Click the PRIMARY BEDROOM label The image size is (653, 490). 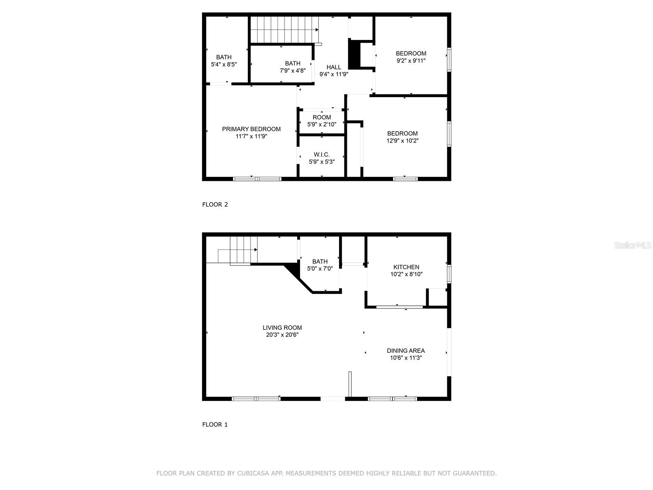coord(251,129)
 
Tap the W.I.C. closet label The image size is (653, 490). coord(322,154)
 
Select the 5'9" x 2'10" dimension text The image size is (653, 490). coord(322,125)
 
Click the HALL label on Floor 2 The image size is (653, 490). coord(333,67)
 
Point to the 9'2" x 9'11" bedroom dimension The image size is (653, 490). coord(411,61)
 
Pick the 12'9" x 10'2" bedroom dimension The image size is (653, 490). coord(402,141)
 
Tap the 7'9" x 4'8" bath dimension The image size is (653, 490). coord(292,71)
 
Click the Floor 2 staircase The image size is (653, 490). coord(284,29)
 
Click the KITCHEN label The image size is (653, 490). coord(406,267)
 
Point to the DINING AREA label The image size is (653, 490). coord(406,350)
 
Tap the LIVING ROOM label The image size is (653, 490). coord(282,327)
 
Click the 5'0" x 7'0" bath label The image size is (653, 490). coord(320,265)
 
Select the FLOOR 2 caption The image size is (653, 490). coord(215,205)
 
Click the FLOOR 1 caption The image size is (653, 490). coord(215,425)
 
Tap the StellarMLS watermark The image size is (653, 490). coord(633,245)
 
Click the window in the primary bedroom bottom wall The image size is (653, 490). coord(257,178)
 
